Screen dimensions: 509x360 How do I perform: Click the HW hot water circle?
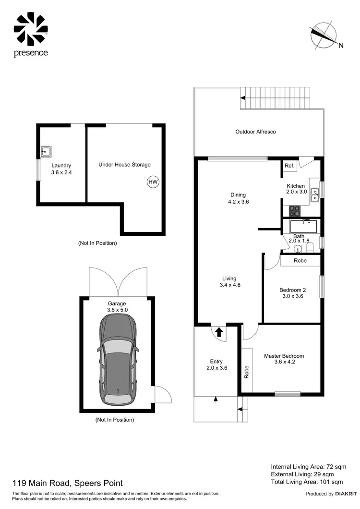pyautogui.click(x=153, y=182)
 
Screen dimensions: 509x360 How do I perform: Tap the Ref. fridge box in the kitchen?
pyautogui.click(x=289, y=166)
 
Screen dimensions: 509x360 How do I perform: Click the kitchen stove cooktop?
pyautogui.click(x=294, y=210)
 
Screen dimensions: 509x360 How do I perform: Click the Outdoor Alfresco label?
pyautogui.click(x=255, y=132)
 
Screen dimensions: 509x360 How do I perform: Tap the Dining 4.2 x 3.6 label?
pyautogui.click(x=238, y=198)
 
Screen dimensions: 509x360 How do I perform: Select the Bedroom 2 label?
pyautogui.click(x=291, y=293)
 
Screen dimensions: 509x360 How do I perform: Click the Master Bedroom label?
pyautogui.click(x=284, y=359)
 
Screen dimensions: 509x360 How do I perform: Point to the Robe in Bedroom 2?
pyautogui.click(x=300, y=261)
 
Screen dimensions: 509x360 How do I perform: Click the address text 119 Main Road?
pyautogui.click(x=67, y=483)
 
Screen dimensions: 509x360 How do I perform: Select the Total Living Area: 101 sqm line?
pyautogui.click(x=307, y=481)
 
